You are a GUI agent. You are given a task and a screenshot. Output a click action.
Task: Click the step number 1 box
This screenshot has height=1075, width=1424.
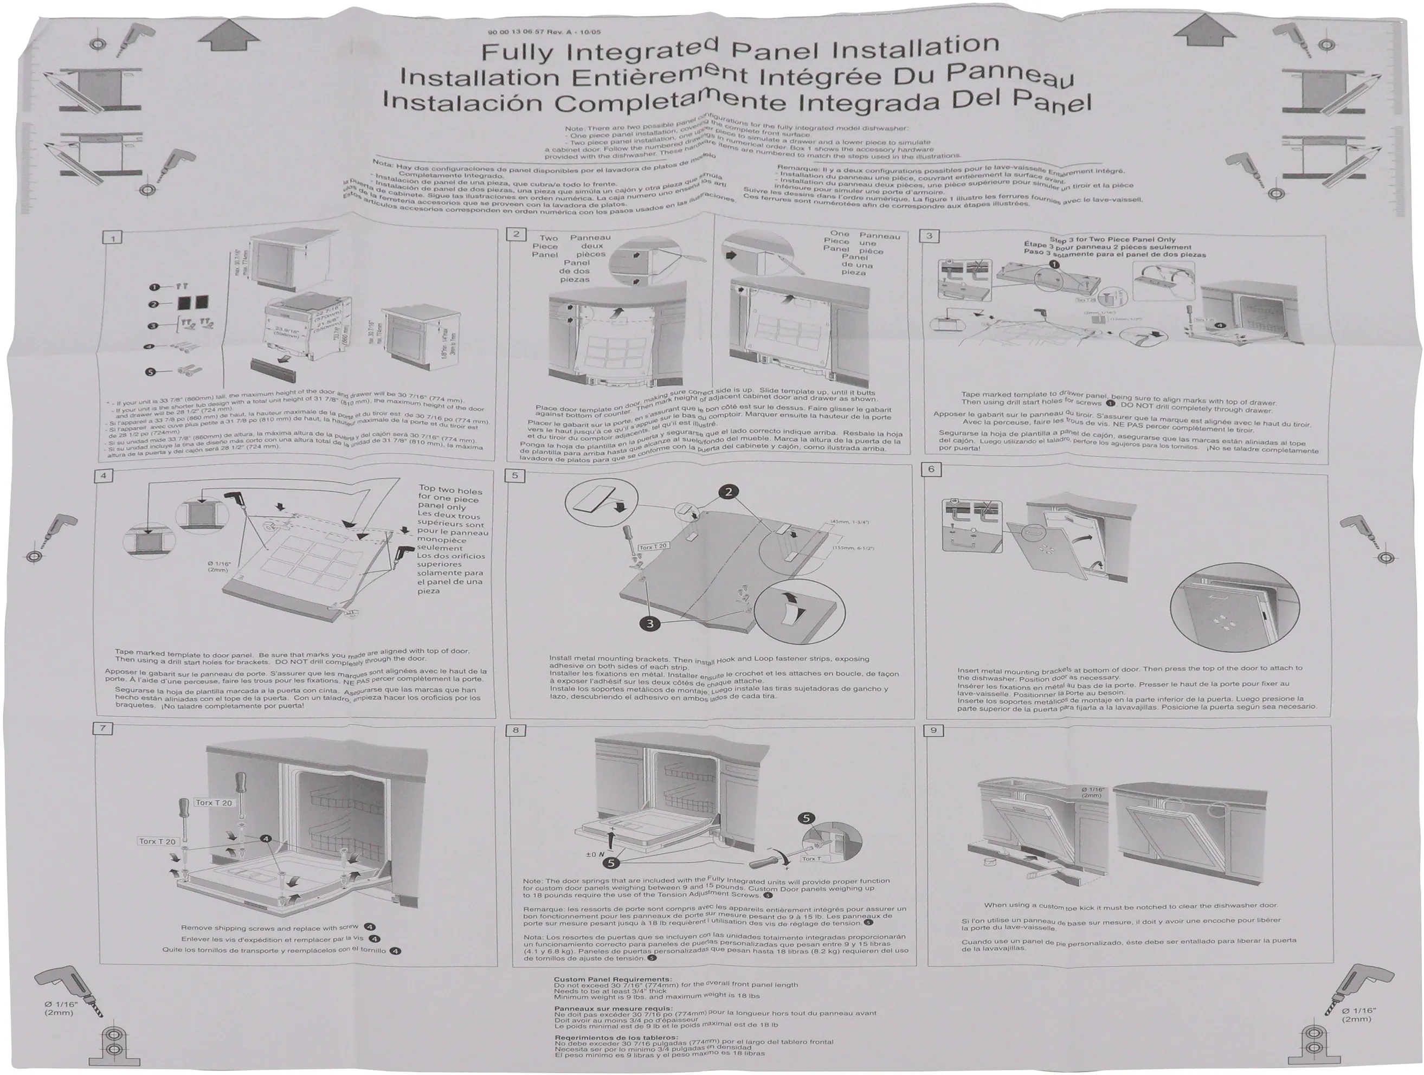(113, 238)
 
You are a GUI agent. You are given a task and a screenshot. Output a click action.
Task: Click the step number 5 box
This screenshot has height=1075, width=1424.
(515, 476)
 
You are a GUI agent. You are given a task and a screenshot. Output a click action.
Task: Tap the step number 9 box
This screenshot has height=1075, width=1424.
(933, 730)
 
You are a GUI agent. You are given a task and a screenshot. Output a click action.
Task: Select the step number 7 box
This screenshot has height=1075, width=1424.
(103, 729)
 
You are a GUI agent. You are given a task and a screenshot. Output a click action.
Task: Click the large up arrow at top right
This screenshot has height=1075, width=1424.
(1201, 32)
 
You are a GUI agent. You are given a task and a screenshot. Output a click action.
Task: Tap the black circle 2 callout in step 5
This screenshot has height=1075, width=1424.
(728, 492)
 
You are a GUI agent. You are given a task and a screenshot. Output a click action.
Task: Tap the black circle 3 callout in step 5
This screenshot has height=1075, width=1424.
(650, 623)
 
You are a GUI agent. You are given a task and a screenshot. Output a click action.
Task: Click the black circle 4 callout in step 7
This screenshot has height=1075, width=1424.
(265, 839)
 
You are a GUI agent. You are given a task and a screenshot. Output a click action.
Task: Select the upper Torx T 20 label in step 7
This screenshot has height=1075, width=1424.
(214, 803)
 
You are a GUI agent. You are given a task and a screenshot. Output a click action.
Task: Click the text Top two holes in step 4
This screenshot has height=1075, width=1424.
(450, 490)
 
